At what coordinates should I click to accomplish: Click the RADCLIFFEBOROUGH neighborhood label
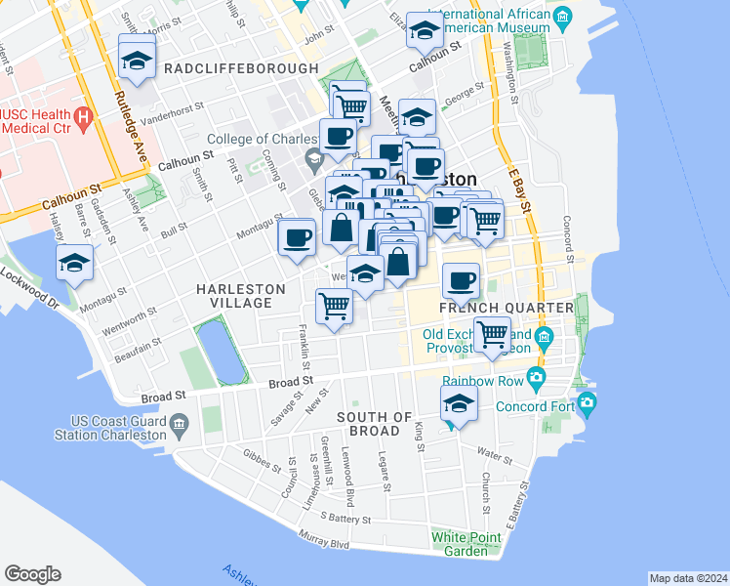click(x=241, y=68)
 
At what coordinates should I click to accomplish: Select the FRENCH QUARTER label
click(x=506, y=309)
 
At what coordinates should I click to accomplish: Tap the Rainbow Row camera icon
click(x=535, y=377)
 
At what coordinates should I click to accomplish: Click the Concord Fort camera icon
click(x=587, y=402)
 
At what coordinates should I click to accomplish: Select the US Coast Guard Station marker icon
click(x=180, y=423)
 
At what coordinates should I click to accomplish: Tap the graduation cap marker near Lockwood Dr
click(x=75, y=264)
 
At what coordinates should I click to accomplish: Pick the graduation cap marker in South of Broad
click(x=458, y=402)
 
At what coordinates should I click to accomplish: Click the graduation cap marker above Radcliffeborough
click(x=138, y=59)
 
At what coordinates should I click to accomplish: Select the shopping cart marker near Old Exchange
click(x=493, y=334)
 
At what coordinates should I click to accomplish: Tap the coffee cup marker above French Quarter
click(x=462, y=281)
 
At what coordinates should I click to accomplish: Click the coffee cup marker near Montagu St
click(x=297, y=236)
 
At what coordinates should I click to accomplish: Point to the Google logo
click(x=32, y=574)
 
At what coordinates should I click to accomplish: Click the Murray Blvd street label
click(x=325, y=540)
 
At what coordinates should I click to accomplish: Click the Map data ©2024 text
click(x=688, y=578)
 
